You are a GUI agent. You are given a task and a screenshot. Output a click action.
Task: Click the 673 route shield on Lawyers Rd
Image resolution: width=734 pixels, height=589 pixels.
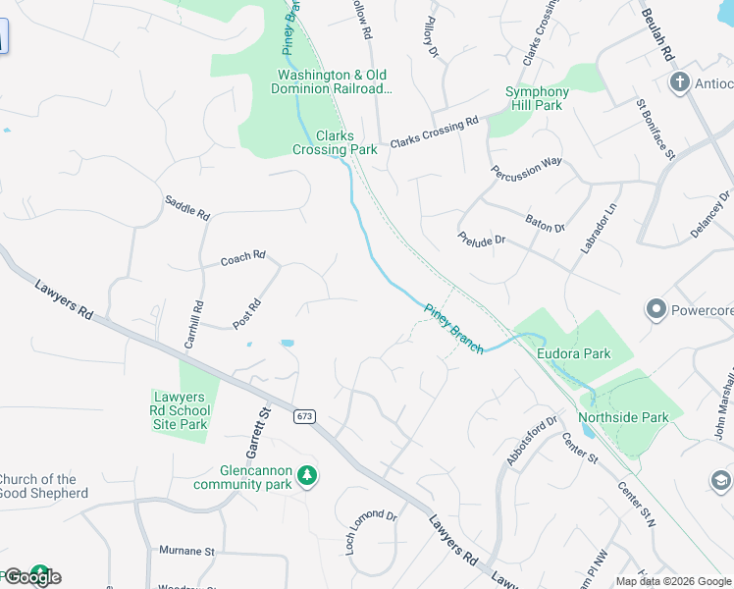[305, 417]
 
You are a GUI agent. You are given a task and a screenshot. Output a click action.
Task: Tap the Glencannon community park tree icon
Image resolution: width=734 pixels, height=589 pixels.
[307, 475]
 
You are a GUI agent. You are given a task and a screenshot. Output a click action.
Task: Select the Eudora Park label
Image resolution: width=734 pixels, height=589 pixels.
[574, 353]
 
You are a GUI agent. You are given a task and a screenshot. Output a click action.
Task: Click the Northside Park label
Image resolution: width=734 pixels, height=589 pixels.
[623, 417]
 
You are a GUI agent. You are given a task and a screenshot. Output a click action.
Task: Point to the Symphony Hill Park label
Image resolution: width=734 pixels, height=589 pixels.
[537, 98]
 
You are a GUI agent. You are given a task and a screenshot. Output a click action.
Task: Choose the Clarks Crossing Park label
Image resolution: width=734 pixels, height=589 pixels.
[335, 143]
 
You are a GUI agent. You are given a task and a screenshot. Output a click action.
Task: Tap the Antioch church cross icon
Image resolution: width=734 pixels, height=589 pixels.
[679, 82]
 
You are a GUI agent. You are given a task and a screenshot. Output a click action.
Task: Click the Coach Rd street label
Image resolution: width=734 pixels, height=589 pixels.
[242, 258]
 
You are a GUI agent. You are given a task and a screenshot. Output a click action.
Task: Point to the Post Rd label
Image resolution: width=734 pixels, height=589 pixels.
[246, 312]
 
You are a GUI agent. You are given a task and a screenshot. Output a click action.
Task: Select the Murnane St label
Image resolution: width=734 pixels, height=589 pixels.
[187, 552]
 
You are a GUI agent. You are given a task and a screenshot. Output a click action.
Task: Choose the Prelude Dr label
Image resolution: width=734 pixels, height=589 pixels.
[481, 239]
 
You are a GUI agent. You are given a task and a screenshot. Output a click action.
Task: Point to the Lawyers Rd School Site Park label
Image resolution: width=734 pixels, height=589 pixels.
[181, 410]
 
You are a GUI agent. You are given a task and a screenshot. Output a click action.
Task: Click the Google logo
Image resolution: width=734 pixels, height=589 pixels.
[31, 577]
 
